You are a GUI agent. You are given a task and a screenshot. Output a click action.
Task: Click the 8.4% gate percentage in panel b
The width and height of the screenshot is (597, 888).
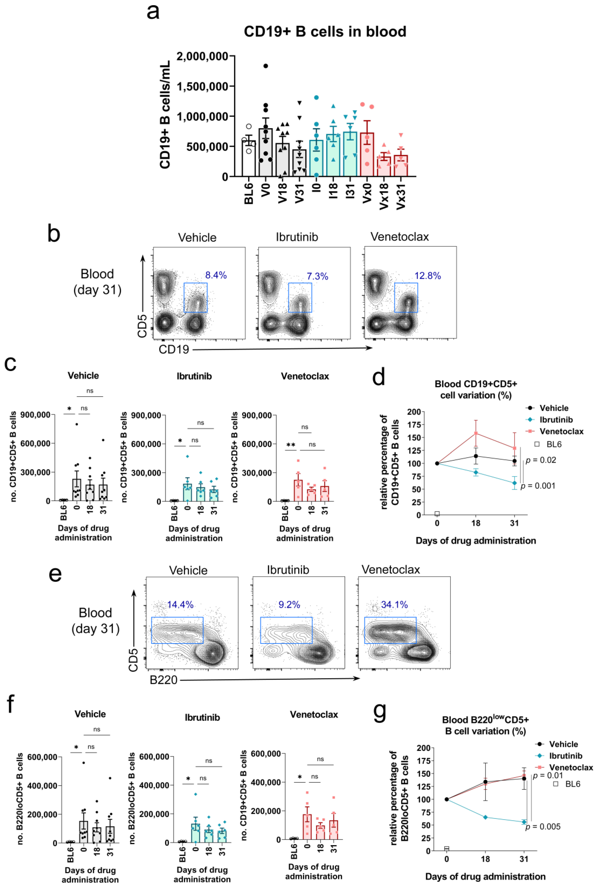pyautogui.click(x=216, y=275)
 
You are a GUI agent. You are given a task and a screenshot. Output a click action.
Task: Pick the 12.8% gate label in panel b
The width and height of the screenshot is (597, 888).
pyautogui.click(x=428, y=276)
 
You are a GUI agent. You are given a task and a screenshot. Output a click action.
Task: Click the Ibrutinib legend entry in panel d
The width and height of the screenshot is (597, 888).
pyautogui.click(x=556, y=420)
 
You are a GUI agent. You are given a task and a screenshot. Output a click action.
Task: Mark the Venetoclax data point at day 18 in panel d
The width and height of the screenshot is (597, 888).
pyautogui.click(x=476, y=433)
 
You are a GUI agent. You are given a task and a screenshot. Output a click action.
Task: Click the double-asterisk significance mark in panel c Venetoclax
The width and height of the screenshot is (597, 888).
pyautogui.click(x=291, y=445)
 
